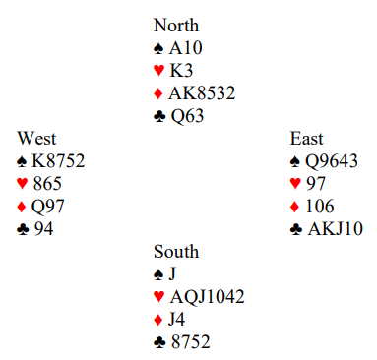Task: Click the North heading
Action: click(x=176, y=26)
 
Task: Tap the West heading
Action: click(x=36, y=139)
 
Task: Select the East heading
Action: click(x=306, y=139)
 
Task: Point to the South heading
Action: click(x=176, y=252)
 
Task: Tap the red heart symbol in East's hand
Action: click(x=295, y=184)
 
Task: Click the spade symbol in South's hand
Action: click(x=158, y=274)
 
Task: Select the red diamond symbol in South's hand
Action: click(x=158, y=320)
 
